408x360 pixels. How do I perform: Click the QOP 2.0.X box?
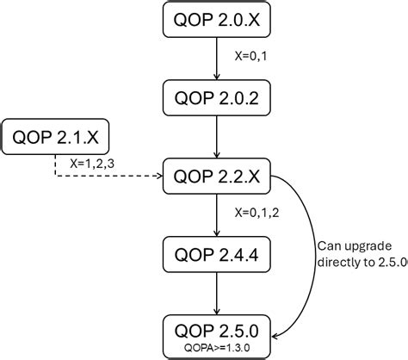[215, 20]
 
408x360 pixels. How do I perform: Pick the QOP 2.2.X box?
[215, 177]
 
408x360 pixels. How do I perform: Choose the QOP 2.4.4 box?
[215, 254]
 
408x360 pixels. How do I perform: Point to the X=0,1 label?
[254, 57]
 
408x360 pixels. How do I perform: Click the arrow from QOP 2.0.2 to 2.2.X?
[215, 138]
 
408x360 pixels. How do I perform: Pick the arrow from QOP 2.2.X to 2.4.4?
[215, 215]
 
